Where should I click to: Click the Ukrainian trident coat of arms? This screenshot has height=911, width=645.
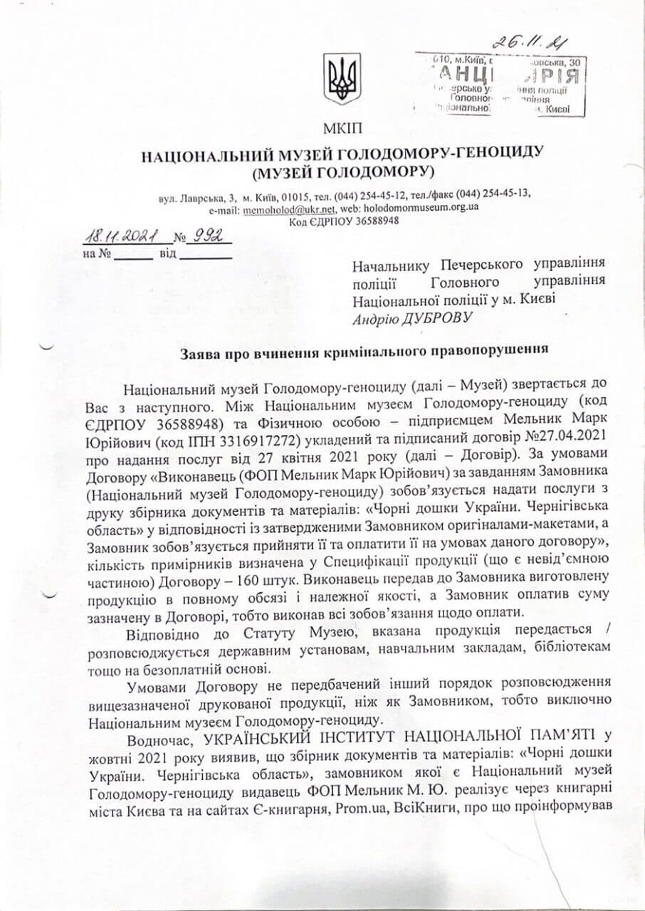pos(342,78)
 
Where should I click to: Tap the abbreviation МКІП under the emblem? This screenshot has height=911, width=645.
pos(342,128)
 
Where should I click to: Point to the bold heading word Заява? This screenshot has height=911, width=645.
pos(197,350)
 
